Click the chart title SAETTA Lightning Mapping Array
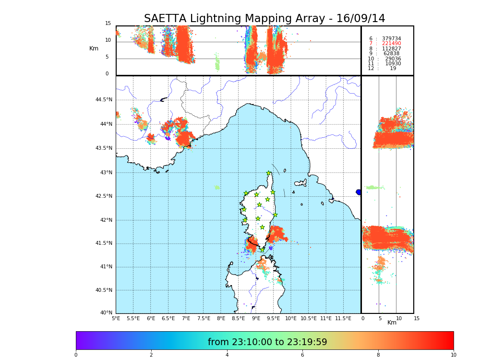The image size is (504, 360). (264, 19)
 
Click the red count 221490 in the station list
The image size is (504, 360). (391, 44)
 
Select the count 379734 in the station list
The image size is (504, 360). (391, 39)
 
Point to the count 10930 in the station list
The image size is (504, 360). (393, 64)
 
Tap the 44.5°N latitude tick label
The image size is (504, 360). (104, 100)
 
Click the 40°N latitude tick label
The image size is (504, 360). (106, 313)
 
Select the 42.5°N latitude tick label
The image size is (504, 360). (104, 196)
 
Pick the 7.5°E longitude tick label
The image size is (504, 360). (204, 318)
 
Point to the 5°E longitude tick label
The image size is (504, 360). (116, 318)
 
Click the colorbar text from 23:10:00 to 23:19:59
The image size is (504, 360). (267, 342)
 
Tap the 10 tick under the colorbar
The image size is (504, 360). (453, 355)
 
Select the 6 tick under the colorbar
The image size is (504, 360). (302, 355)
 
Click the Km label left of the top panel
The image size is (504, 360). (94, 48)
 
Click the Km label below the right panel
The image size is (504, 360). (392, 323)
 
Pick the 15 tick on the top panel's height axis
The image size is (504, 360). (108, 24)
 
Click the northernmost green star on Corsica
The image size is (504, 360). (269, 173)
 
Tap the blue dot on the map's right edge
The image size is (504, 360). (359, 192)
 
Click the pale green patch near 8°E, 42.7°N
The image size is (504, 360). (216, 187)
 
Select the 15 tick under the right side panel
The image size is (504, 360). (417, 318)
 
